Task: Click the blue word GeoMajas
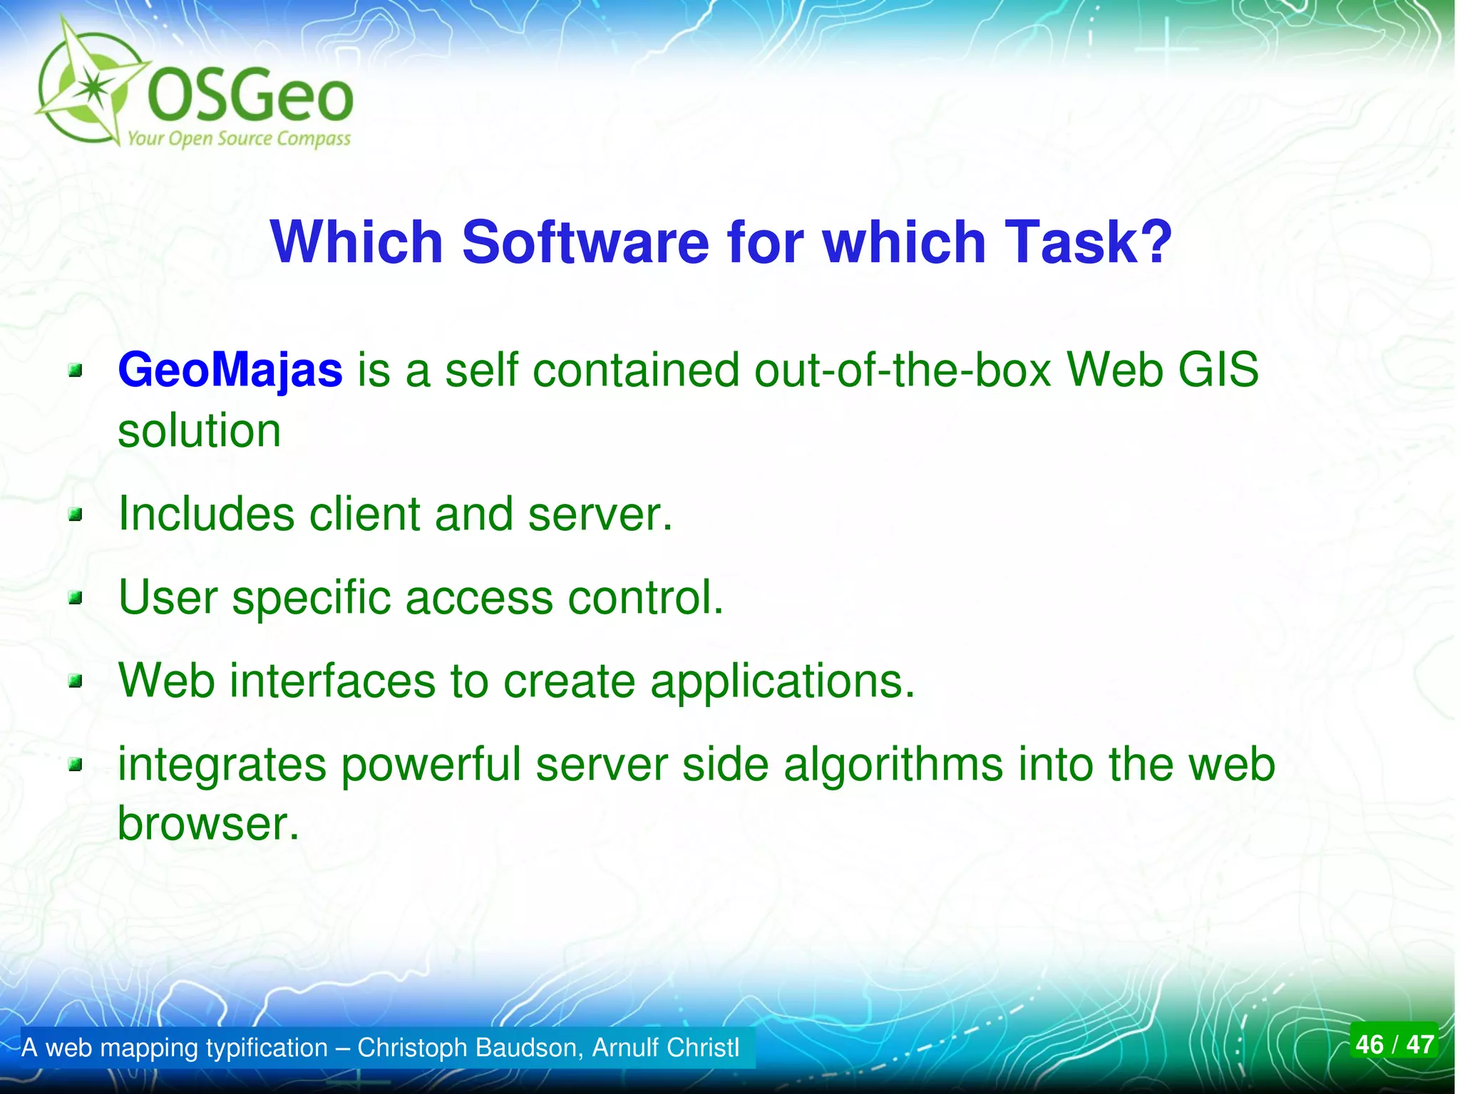pyautogui.click(x=230, y=371)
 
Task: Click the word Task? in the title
pyautogui.click(x=1087, y=242)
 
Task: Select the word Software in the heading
pyautogui.click(x=585, y=242)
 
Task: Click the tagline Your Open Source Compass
pyautogui.click(x=239, y=138)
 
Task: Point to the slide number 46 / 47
pyautogui.click(x=1394, y=1044)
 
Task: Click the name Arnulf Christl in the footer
pyautogui.click(x=665, y=1048)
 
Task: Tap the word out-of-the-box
pyautogui.click(x=903, y=371)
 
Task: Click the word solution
pyautogui.click(x=199, y=431)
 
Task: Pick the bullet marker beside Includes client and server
pyautogui.click(x=76, y=515)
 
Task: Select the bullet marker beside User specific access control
pyautogui.click(x=76, y=598)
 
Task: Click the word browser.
pyautogui.click(x=207, y=825)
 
